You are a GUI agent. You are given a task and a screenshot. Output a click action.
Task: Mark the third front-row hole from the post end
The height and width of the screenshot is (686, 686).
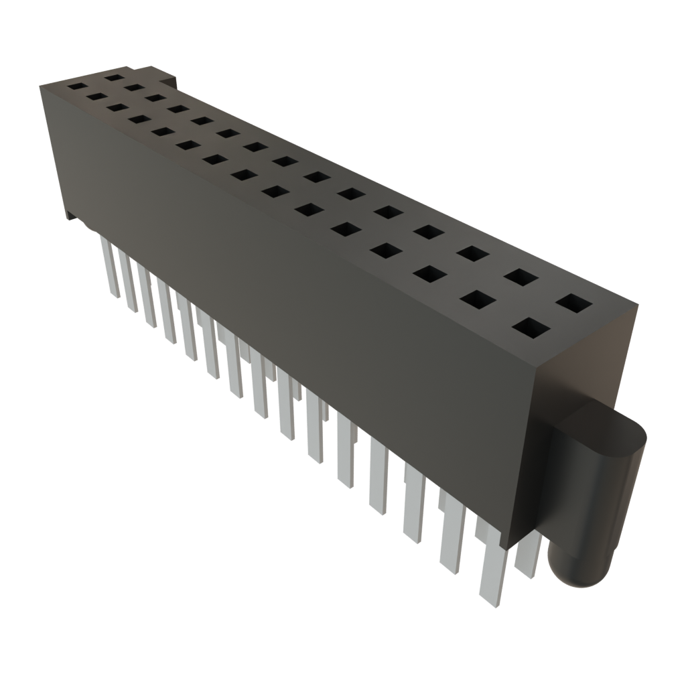click(429, 273)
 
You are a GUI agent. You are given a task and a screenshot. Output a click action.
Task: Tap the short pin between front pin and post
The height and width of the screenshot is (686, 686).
click(529, 556)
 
